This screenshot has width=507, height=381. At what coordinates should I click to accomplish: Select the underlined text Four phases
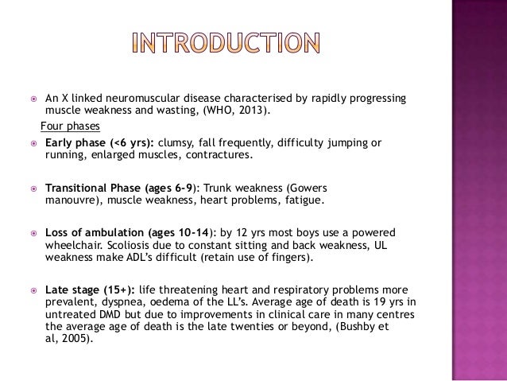click(x=66, y=126)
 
